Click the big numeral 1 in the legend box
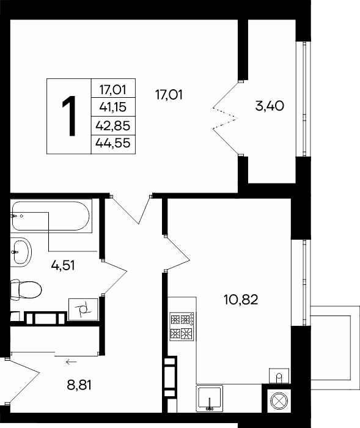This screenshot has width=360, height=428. click(69, 116)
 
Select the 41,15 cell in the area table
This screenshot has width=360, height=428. click(113, 107)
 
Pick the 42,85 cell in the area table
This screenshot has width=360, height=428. click(113, 126)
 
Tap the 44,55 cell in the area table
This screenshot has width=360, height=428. click(113, 143)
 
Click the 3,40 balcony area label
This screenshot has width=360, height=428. click(270, 106)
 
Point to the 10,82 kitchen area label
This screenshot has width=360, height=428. click(241, 300)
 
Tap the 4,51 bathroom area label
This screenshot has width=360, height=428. click(63, 265)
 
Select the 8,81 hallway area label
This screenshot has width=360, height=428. click(79, 385)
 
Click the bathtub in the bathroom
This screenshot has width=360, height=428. click(51, 216)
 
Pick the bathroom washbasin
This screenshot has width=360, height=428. click(21, 252)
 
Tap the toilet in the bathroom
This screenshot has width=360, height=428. click(26, 290)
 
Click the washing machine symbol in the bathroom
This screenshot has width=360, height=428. click(83, 309)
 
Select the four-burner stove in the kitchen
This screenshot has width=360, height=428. click(182, 327)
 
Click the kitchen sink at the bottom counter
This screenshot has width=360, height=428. click(210, 398)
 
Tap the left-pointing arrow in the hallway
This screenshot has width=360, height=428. click(72, 362)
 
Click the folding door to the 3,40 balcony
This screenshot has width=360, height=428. click(226, 119)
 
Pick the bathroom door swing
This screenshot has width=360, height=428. click(114, 278)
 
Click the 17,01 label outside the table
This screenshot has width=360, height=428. click(169, 95)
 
